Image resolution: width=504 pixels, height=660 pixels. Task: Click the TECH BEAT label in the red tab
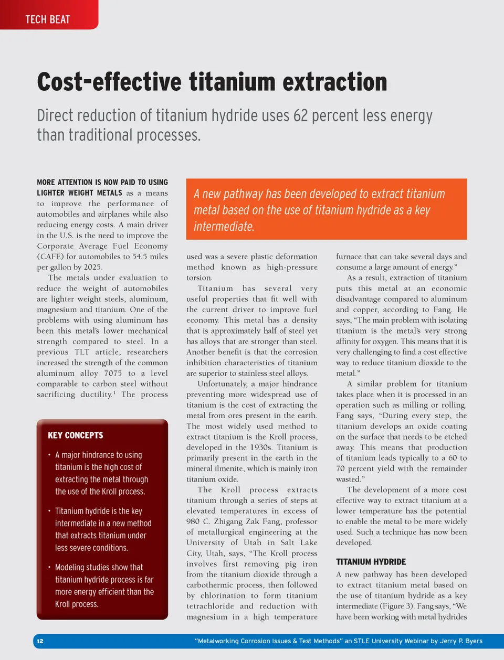[48, 19]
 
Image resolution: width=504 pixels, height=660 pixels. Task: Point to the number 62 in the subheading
[300, 115]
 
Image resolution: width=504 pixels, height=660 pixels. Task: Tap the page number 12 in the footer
[40, 641]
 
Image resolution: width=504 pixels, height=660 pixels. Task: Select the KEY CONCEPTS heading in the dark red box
[75, 435]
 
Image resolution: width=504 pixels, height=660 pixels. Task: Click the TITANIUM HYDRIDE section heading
[371, 561]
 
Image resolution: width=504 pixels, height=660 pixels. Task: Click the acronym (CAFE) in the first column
[50, 257]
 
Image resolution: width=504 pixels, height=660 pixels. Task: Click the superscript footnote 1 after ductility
[114, 392]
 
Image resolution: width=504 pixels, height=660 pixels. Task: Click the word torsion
[199, 278]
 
